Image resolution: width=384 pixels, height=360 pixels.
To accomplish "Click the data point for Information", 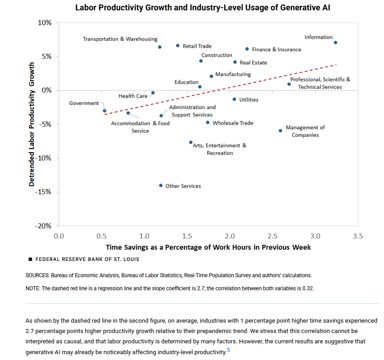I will pyautogui.click(x=335, y=43).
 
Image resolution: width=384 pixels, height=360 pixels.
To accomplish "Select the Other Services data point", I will pyautogui.click(x=161, y=185).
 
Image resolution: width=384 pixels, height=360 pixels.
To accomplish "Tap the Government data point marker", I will pyautogui.click(x=104, y=111).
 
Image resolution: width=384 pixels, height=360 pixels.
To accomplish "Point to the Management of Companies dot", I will pyautogui.click(x=280, y=130).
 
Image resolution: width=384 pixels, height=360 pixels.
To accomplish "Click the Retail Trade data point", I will pyautogui.click(x=178, y=45).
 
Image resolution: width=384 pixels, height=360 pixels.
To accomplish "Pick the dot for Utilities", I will pyautogui.click(x=234, y=99).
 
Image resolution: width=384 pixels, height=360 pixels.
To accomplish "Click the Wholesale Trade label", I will pyautogui.click(x=233, y=123).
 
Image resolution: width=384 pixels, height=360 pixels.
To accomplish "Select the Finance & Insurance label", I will pyautogui.click(x=276, y=49).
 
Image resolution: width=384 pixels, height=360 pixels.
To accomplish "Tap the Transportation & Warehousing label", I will pyautogui.click(x=120, y=39).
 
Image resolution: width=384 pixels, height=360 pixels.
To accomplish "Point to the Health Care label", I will pyautogui.click(x=133, y=96).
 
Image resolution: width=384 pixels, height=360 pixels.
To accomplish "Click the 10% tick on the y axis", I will pyautogui.click(x=45, y=22).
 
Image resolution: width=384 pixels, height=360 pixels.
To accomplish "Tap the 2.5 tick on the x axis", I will pyautogui.click(x=272, y=236).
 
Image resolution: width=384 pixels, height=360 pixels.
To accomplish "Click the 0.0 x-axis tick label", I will pyautogui.click(x=59, y=236).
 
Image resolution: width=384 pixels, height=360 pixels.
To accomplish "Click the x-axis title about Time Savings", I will pyautogui.click(x=208, y=247).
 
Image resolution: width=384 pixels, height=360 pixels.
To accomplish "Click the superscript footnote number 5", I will pyautogui.click(x=229, y=349).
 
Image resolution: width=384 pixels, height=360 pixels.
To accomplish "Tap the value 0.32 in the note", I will pyautogui.click(x=308, y=288).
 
